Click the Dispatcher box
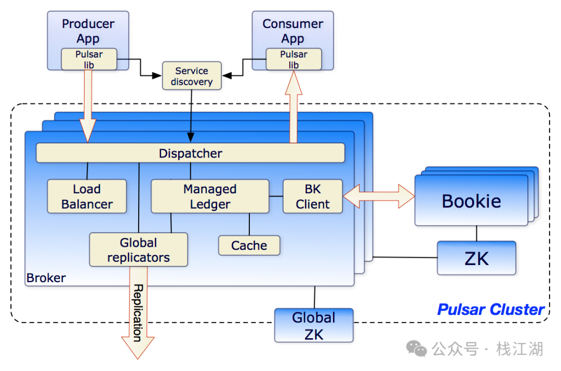pyautogui.click(x=190, y=153)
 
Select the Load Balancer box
pyautogui.click(x=87, y=196)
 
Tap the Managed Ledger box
pyautogui.click(x=210, y=196)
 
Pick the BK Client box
pyautogui.click(x=313, y=196)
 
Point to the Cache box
pyautogui.click(x=249, y=245)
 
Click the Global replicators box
pyautogui.click(x=138, y=250)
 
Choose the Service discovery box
pyautogui.click(x=192, y=76)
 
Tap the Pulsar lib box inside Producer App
pyautogui.click(x=89, y=59)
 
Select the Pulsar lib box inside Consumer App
pyautogui.click(x=293, y=59)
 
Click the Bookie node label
pyautogui.click(x=471, y=201)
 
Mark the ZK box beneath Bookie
pyautogui.click(x=476, y=258)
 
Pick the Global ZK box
pyautogui.click(x=313, y=325)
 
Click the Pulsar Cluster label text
pyautogui.click(x=490, y=310)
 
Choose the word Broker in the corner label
pyautogui.click(x=46, y=278)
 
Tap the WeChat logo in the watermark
pyautogui.click(x=417, y=349)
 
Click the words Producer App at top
pyautogui.click(x=88, y=31)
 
